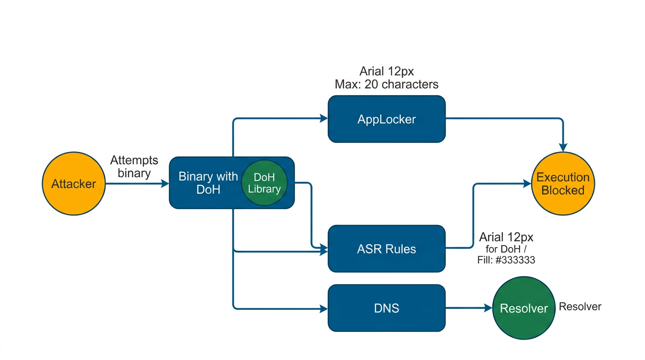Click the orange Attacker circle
74,184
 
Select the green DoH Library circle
264,183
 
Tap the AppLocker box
386,119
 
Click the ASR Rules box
386,248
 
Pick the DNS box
386,308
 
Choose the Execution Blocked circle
563,184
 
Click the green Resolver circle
524,308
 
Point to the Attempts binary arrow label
134,167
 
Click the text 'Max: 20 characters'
386,84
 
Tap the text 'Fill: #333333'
506,260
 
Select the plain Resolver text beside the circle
580,307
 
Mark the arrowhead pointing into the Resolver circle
489,308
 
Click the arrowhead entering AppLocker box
324,119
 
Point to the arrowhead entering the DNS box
324,308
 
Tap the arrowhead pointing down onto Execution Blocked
563,148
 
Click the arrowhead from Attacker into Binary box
165,184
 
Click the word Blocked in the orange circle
563,191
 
